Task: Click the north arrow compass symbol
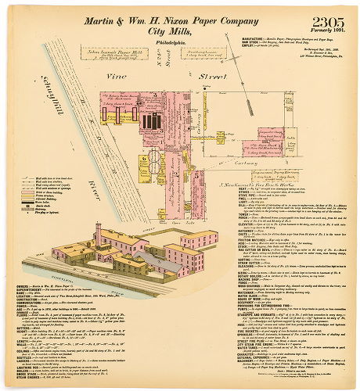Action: pos(254,59)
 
